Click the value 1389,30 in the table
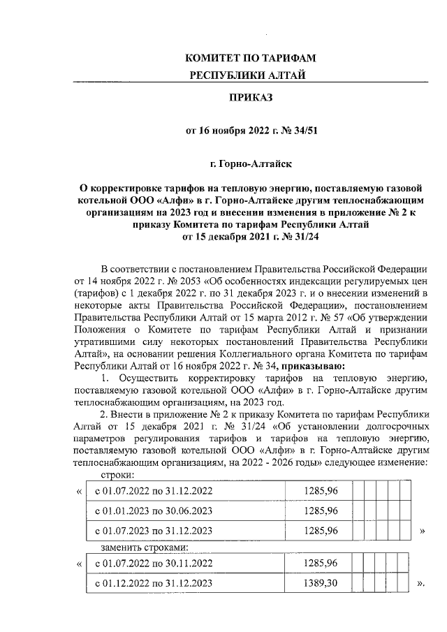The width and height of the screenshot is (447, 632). (x=321, y=582)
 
